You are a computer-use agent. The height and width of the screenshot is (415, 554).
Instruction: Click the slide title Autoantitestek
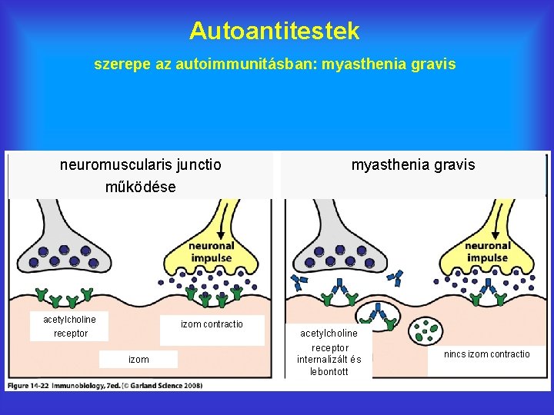pyautogui.click(x=275, y=31)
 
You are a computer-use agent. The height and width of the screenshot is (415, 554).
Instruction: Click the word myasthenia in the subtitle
pyautogui.click(x=360, y=65)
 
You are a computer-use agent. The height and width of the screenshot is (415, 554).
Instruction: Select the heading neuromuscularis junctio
pyautogui.click(x=141, y=164)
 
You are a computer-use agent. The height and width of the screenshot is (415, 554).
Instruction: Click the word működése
pyautogui.click(x=141, y=187)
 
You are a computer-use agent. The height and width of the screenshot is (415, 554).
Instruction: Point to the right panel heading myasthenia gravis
pyautogui.click(x=413, y=164)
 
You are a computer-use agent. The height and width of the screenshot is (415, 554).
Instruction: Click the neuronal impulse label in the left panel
pyautogui.click(x=212, y=251)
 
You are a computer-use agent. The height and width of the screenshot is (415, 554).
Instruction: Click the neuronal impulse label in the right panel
pyautogui.click(x=487, y=251)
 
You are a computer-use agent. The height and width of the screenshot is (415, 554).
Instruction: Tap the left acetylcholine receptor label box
pyautogui.click(x=70, y=326)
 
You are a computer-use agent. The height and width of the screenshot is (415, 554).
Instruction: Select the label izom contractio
pyautogui.click(x=212, y=324)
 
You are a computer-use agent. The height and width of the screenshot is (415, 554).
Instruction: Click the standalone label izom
pyautogui.click(x=138, y=359)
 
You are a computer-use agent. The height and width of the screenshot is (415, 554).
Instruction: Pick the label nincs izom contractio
pyautogui.click(x=486, y=354)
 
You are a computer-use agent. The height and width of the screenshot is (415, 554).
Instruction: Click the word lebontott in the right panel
pyautogui.click(x=329, y=372)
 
